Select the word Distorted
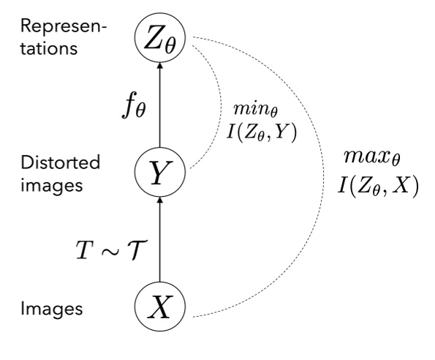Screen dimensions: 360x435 pos(49,162)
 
